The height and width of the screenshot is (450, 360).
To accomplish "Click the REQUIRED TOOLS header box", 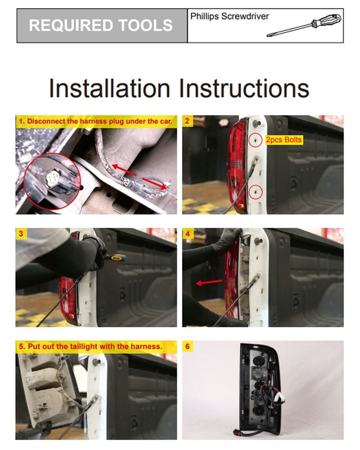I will (x=102, y=25).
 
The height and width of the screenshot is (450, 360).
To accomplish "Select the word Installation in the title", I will (x=109, y=88).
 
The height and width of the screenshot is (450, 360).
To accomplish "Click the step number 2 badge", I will (x=187, y=121).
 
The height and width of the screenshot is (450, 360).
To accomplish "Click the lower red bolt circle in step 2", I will (x=255, y=191).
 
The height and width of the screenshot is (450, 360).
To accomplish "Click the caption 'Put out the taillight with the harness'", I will (x=90, y=346).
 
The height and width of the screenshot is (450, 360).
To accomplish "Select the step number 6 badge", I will (x=187, y=346).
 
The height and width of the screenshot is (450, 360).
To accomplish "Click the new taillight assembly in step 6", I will (x=260, y=387).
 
